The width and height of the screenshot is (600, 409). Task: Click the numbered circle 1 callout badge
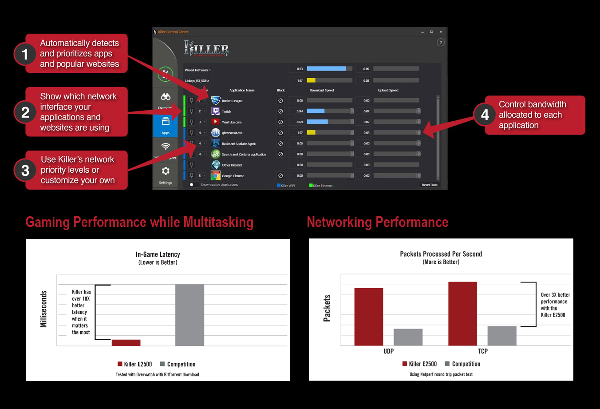(x=25, y=54)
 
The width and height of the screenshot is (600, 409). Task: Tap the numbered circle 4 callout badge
(x=485, y=115)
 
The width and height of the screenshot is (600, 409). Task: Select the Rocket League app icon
(x=216, y=100)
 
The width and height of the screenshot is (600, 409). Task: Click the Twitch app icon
(x=216, y=111)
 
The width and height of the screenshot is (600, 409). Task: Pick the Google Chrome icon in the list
(x=216, y=175)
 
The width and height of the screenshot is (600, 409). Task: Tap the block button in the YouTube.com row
(x=280, y=122)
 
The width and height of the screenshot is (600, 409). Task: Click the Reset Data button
(x=429, y=185)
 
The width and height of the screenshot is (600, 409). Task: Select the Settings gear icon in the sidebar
(x=166, y=171)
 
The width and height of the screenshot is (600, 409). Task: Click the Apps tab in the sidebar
(x=166, y=126)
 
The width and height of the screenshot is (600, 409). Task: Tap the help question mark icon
(x=440, y=43)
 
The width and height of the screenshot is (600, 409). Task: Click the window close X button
(x=441, y=32)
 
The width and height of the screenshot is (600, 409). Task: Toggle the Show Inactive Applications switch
(x=192, y=185)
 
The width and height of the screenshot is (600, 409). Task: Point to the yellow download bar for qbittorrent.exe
(x=311, y=132)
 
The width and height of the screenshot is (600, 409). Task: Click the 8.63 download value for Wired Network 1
(x=300, y=69)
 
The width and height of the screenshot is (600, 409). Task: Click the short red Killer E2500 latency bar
(x=126, y=342)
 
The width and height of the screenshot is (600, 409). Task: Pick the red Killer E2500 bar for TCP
(x=462, y=314)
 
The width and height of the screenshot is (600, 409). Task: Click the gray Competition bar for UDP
(x=408, y=337)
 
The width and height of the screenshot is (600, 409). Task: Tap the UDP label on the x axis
(x=388, y=351)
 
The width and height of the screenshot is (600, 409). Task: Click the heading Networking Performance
(x=377, y=222)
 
